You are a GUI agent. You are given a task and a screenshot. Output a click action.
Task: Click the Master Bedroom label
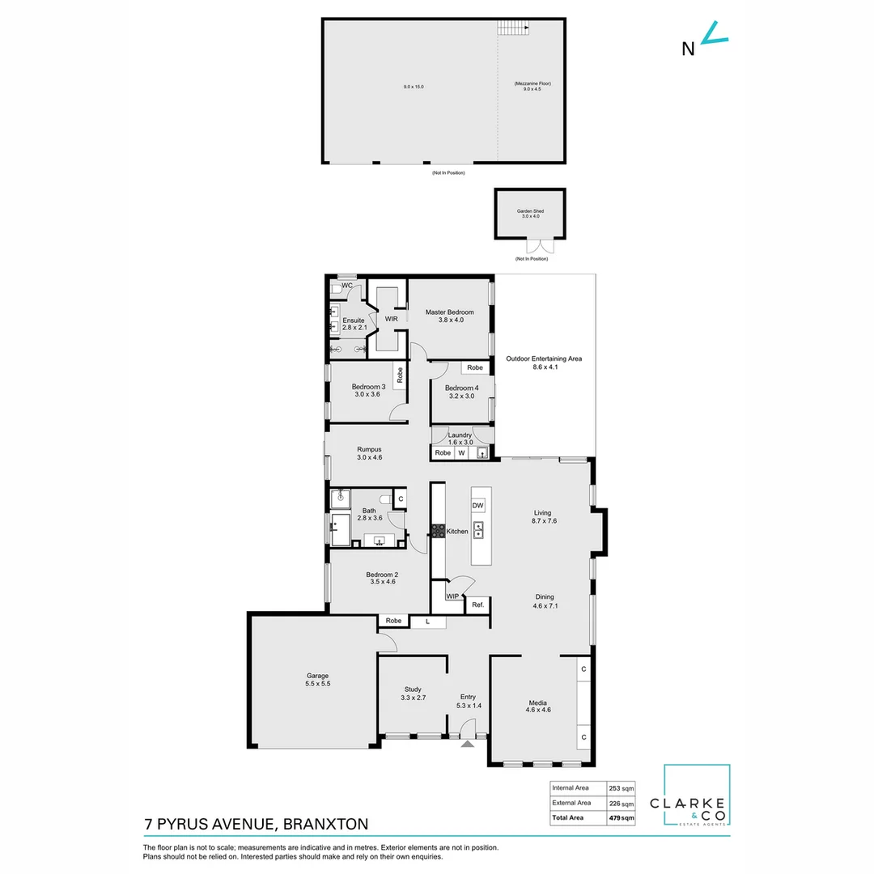pos(450,316)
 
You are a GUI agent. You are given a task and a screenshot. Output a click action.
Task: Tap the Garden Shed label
pos(531,214)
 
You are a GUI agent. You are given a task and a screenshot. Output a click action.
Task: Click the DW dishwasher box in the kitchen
pos(477,505)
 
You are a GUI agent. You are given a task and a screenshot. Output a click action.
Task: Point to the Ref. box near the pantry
pos(477,605)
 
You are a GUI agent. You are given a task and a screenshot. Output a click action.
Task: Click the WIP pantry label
pos(452,596)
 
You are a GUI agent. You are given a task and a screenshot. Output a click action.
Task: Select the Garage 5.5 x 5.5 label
pos(317,680)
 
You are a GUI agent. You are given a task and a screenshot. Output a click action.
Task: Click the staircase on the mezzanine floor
pos(513,28)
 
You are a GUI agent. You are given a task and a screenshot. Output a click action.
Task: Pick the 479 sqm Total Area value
pos(621,818)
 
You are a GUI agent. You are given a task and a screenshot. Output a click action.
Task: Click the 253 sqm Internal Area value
pos(621,787)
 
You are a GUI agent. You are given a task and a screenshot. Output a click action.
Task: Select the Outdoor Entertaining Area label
pos(544,363)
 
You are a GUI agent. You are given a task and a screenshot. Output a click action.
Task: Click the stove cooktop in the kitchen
pos(437,531)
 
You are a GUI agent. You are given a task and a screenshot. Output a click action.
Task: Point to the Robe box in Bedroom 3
pos(400,375)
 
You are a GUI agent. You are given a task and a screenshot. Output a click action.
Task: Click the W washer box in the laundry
pos(461,453)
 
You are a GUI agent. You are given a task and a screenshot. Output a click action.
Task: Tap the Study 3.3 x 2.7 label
pos(413,694)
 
